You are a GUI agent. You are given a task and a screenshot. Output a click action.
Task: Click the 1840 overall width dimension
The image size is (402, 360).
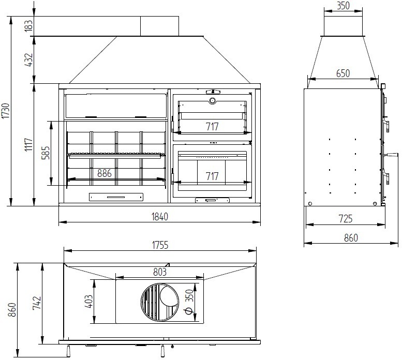[x=160, y=217]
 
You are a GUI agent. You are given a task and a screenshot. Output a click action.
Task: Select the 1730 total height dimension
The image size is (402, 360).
[x=6, y=111]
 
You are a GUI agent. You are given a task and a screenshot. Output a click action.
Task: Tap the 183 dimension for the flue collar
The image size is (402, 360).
[x=29, y=26]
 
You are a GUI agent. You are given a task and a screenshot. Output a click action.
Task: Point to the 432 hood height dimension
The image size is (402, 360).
[x=29, y=59]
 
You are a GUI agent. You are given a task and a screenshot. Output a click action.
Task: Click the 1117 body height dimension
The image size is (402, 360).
[x=29, y=145]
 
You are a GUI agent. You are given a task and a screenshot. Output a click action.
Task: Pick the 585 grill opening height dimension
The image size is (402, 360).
[x=46, y=153]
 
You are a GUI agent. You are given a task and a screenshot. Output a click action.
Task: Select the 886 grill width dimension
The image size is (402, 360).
[x=105, y=173]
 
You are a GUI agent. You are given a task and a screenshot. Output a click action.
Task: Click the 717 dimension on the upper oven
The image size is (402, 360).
[x=212, y=127]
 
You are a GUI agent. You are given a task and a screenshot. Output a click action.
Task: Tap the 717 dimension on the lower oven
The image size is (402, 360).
[x=212, y=176]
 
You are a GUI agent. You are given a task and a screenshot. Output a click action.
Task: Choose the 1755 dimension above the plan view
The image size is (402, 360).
[x=160, y=245]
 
